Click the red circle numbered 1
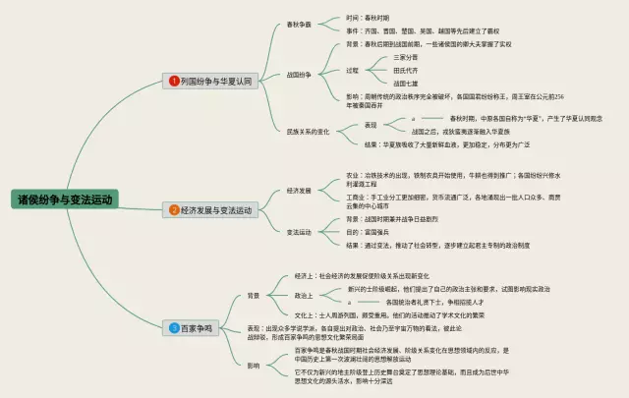[174, 81]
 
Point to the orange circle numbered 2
[174, 209]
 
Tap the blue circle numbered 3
[174, 326]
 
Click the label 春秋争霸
[299, 25]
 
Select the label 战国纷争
[299, 74]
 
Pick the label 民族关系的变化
[309, 131]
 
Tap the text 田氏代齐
[379, 71]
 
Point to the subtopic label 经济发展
[299, 190]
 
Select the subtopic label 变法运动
[299, 232]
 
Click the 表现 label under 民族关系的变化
[371, 125]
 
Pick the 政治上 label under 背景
[304, 295]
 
